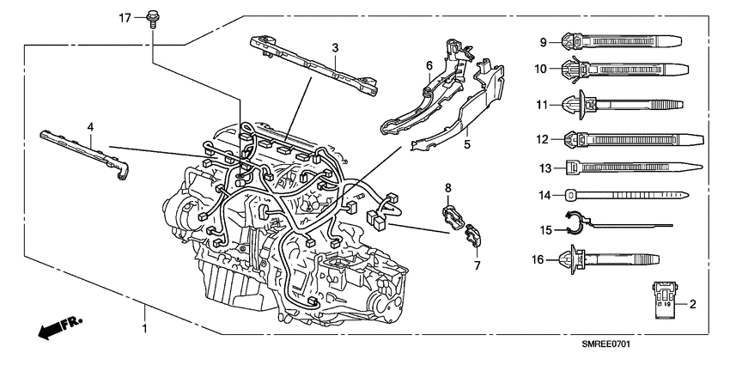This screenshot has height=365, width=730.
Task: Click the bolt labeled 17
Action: click(x=154, y=17)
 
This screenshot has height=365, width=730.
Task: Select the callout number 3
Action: click(x=336, y=46)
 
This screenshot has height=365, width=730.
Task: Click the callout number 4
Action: click(x=89, y=126)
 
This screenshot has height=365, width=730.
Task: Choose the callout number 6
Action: click(x=429, y=65)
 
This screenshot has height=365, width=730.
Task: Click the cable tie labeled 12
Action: click(x=627, y=137)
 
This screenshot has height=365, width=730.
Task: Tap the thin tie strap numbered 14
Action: click(x=627, y=195)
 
